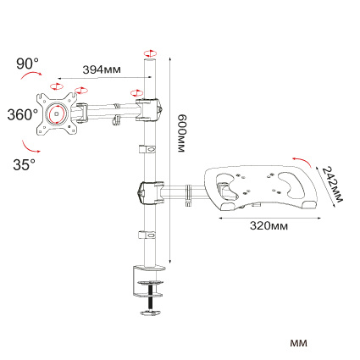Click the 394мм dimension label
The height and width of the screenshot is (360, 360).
(102, 69)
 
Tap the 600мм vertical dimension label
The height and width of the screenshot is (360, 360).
(181, 133)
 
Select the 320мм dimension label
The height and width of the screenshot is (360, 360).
(269, 225)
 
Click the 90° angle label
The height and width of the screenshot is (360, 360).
(28, 64)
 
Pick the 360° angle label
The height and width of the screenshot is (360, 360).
(23, 115)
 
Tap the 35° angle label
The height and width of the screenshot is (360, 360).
(25, 164)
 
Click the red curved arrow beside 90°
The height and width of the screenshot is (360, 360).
(31, 74)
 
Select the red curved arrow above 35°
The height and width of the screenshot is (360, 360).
(30, 147)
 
